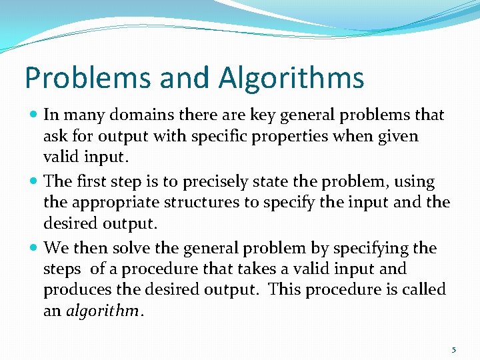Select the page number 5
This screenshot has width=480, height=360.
454,350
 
